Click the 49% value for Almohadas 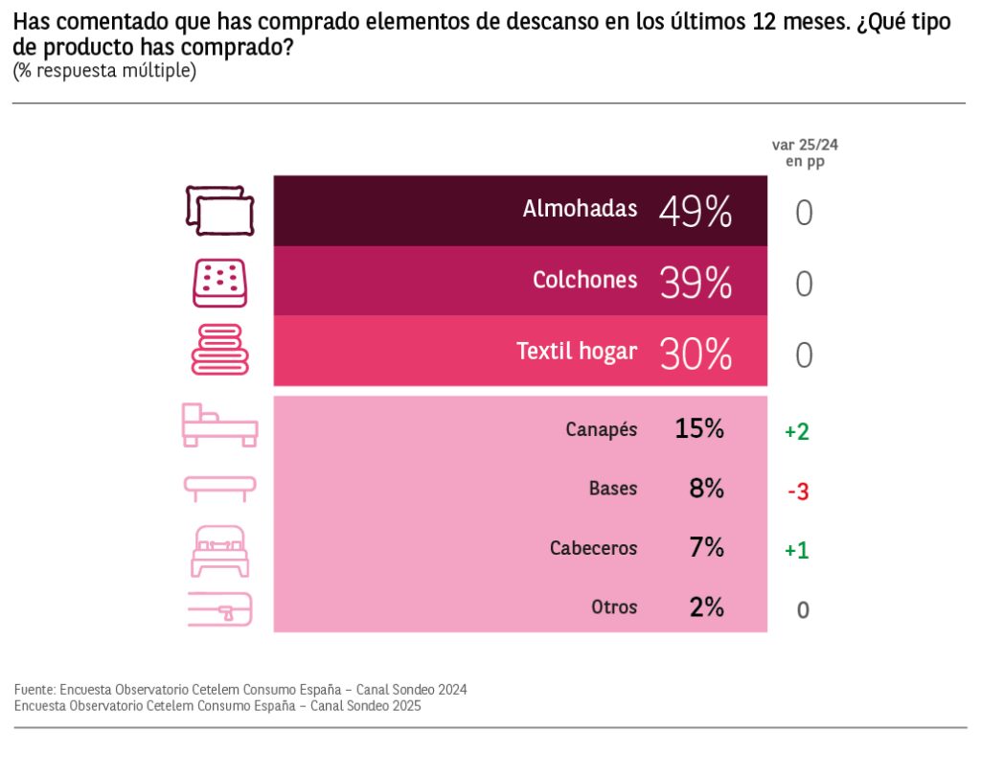[696, 212]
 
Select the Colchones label [584, 280]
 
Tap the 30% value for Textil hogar [696, 354]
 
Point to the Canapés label [601, 429]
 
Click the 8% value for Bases [706, 489]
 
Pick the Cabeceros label [593, 548]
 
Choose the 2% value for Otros [706, 607]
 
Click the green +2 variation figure [797, 432]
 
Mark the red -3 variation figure [798, 492]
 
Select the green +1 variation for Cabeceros [797, 551]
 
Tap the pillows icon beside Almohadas [219, 210]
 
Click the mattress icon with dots [219, 283]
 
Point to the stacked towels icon [219, 350]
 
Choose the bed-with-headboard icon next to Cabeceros [219, 551]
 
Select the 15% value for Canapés [699, 429]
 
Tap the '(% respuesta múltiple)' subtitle [104, 71]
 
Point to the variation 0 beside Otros [803, 610]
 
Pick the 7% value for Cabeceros [706, 548]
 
